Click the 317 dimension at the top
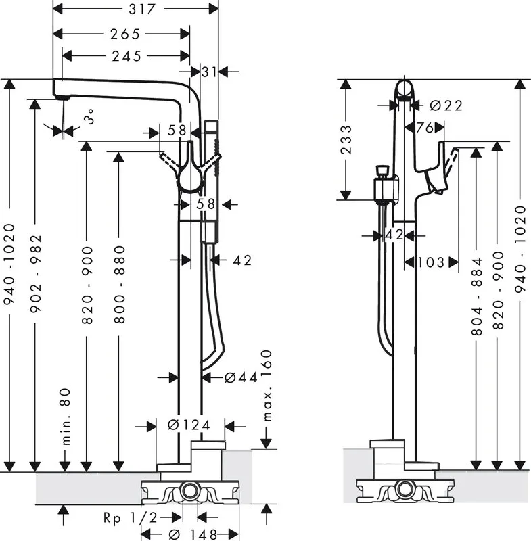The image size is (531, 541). (x=142, y=9)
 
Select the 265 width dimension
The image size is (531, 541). (x=125, y=34)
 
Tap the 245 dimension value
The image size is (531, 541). (x=126, y=56)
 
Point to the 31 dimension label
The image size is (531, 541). (x=210, y=72)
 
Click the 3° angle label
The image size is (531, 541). (x=89, y=116)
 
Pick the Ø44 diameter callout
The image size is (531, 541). (x=241, y=377)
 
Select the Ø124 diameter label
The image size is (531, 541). (x=189, y=425)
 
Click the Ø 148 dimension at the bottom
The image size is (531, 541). (x=193, y=534)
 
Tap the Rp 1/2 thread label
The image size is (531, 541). (x=130, y=517)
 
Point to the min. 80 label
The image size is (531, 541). (x=66, y=417)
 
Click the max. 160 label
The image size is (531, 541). (x=267, y=385)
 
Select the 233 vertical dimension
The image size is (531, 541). (x=346, y=139)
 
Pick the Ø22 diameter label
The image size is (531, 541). (x=446, y=105)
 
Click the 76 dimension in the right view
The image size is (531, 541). (x=424, y=128)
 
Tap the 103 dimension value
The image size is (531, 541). (x=431, y=262)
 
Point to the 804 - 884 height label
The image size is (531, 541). (x=476, y=296)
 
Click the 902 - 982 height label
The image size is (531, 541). (x=36, y=274)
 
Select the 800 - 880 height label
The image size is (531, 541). (x=119, y=284)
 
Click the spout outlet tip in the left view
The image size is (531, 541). (x=63, y=98)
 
